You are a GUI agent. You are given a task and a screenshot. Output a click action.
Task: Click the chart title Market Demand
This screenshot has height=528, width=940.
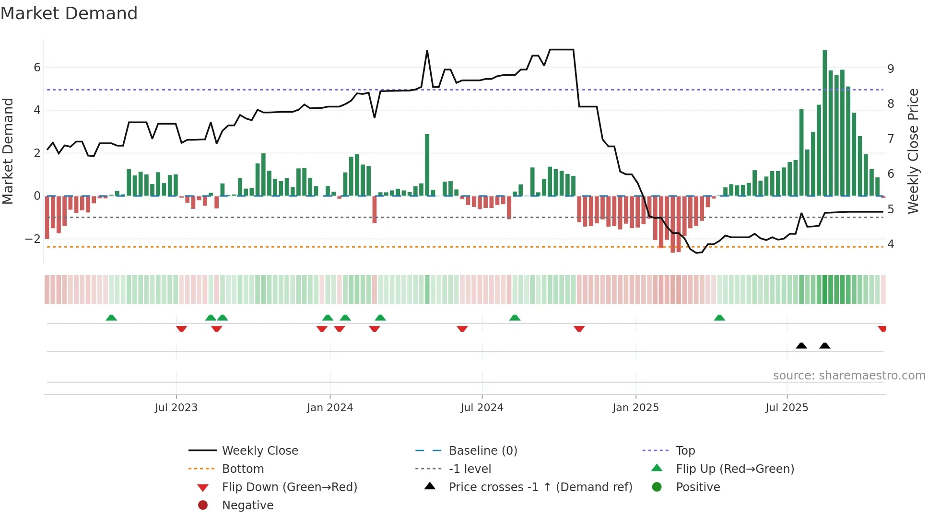[69, 13]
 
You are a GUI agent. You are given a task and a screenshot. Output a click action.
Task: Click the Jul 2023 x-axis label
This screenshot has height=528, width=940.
[176, 408]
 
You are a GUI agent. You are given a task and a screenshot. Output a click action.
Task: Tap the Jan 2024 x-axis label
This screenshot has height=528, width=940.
[330, 408]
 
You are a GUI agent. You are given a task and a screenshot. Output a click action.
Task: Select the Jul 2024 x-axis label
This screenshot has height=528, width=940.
[482, 408]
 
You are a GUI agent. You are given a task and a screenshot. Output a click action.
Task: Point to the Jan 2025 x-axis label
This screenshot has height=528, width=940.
[635, 408]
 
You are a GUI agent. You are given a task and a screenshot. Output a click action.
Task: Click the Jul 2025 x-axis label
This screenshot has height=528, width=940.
[787, 408]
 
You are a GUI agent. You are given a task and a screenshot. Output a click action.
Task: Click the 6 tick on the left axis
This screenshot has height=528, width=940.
[37, 68]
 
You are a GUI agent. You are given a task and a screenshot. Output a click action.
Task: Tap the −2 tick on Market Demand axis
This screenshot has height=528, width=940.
[33, 239]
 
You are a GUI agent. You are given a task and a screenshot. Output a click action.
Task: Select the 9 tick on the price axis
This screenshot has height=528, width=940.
[891, 69]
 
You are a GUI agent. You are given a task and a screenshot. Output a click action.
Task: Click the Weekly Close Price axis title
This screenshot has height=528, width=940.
[913, 151]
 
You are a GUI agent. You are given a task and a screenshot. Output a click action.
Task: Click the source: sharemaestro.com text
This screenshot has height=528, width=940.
[849, 376]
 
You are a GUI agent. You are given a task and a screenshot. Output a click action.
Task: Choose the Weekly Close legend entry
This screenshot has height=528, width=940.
[260, 451]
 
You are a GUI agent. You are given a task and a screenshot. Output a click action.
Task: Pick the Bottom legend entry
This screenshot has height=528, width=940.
[243, 469]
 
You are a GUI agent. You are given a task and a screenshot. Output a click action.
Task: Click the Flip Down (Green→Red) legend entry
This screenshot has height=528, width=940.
[289, 487]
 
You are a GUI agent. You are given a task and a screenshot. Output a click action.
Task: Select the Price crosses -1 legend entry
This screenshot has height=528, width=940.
[540, 487]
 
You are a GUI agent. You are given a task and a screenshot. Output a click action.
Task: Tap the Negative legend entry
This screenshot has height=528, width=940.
[247, 505]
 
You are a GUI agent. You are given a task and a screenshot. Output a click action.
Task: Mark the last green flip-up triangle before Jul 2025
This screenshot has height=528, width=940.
[719, 318]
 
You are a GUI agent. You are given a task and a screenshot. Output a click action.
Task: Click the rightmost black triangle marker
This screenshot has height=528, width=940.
[825, 346]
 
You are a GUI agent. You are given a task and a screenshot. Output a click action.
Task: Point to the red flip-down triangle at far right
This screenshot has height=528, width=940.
[882, 329]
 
